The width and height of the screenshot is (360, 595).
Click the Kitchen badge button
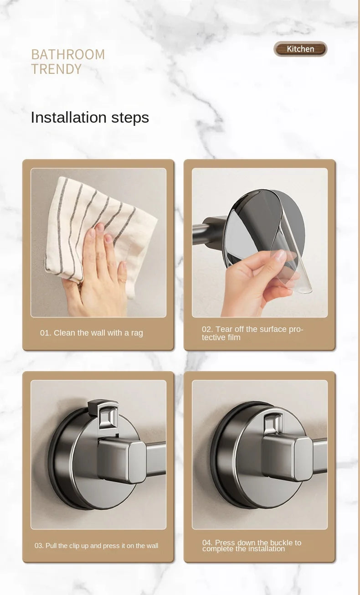300,49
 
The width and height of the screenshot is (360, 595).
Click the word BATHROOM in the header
68,54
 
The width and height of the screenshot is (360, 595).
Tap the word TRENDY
56,69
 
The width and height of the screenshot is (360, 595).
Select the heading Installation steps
90,117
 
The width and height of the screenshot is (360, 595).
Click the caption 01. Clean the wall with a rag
92,333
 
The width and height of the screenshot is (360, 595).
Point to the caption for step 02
252,333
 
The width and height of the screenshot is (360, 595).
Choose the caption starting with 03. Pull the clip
96,546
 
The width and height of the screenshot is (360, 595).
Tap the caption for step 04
252,546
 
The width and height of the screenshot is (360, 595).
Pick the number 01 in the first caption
45,333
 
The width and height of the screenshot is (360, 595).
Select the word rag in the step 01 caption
137,333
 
